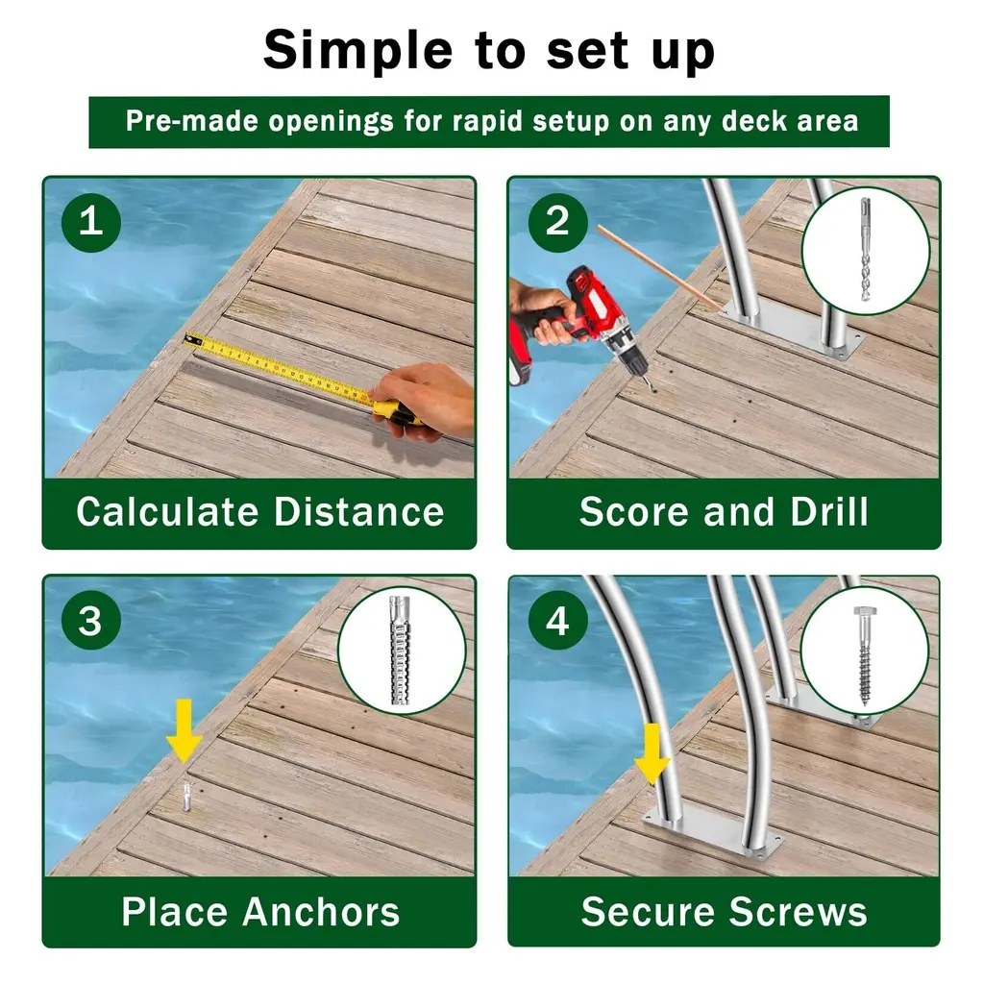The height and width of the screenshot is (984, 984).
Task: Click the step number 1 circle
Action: click(x=91, y=222)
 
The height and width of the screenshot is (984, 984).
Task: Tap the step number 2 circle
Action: click(x=557, y=222)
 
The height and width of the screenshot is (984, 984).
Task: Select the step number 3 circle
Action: click(x=91, y=621)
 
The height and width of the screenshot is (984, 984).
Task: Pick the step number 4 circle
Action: click(x=557, y=621)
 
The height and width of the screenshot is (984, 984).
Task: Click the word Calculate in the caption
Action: click(x=167, y=511)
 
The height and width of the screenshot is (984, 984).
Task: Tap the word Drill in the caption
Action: click(x=829, y=511)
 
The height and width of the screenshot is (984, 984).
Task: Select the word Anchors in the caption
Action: click(x=321, y=911)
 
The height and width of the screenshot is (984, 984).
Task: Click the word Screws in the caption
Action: click(x=798, y=911)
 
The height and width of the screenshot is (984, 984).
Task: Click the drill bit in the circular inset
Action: click(x=866, y=250)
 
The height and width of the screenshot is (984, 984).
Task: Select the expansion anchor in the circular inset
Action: click(x=401, y=651)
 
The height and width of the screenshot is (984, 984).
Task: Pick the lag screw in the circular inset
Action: click(x=865, y=655)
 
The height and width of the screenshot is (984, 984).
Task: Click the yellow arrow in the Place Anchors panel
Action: click(x=184, y=731)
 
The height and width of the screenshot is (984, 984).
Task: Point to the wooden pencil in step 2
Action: click(x=659, y=269)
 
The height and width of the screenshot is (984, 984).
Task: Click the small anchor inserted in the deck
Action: click(x=186, y=797)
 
